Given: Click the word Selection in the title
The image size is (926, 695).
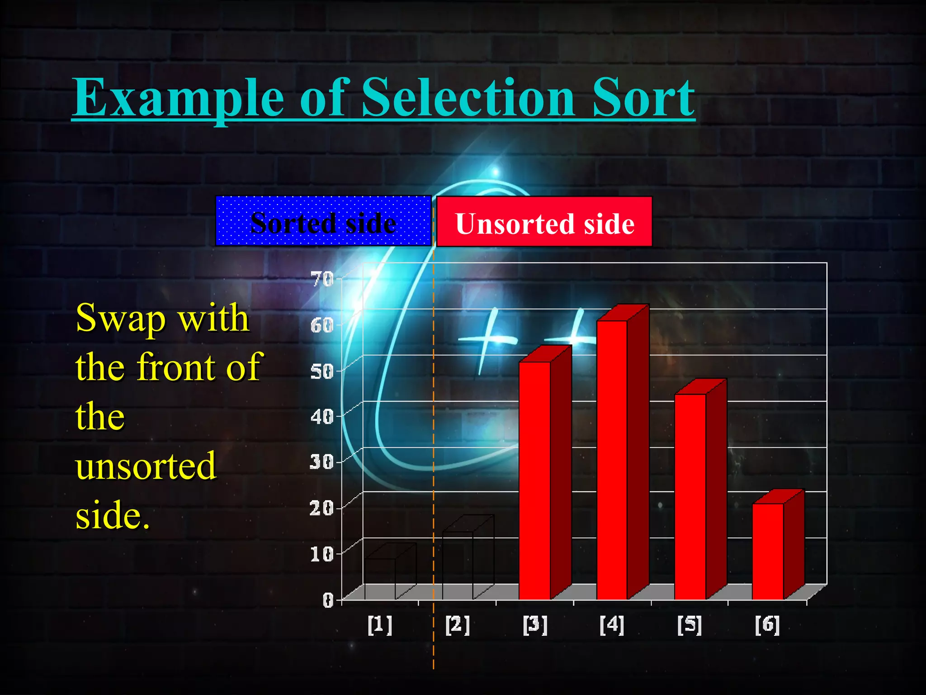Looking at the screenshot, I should point(468,97).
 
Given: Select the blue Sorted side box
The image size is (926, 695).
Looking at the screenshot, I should point(323,221).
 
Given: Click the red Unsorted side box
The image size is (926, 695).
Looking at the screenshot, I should point(544,222).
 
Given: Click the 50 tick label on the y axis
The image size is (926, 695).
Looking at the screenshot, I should point(322,371).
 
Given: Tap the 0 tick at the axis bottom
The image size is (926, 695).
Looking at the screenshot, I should point(328,600).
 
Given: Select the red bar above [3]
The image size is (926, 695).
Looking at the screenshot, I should point(535,480).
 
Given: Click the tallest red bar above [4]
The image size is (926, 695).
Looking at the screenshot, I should point(612,459).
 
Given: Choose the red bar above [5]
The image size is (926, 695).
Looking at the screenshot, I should point(690,496).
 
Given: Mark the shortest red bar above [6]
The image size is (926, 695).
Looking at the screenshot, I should point(768,551).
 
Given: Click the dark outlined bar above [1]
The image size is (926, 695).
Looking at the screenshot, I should point(380,579).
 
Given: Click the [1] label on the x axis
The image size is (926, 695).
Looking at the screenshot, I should point(380,625).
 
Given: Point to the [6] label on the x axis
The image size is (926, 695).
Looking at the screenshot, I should point(767,625).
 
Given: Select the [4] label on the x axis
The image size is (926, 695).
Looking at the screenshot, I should point(612,625).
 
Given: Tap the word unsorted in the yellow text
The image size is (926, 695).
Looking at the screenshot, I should point(146,466).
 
